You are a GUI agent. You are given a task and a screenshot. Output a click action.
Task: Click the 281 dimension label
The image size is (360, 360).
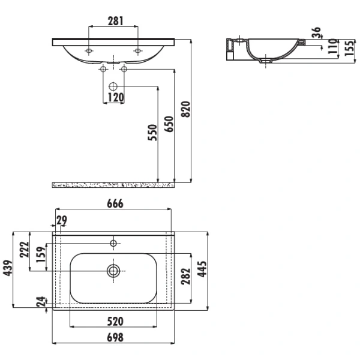(x=115, y=21)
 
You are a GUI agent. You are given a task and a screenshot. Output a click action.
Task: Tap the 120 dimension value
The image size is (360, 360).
(x=115, y=97)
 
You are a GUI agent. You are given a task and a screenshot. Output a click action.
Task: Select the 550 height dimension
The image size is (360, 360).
(x=152, y=132)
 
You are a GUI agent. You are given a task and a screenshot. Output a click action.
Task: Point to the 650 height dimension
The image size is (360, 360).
(x=169, y=124)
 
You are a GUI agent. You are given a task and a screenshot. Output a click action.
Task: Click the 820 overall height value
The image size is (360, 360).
(x=186, y=109)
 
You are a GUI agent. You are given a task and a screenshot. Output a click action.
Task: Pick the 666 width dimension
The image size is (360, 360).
(x=115, y=203)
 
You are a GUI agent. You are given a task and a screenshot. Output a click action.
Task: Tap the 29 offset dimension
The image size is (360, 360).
(x=62, y=220)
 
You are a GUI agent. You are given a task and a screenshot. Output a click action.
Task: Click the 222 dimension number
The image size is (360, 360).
(x=25, y=250)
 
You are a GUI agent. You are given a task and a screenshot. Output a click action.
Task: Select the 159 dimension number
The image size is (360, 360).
(x=41, y=254)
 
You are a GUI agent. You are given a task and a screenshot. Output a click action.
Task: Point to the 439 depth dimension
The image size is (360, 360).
(x=8, y=268)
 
